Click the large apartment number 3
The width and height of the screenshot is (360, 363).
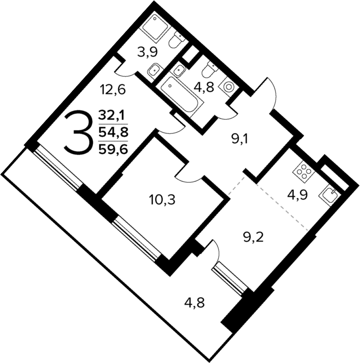coord(79,132)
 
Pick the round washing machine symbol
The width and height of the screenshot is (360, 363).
coord(229,85)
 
